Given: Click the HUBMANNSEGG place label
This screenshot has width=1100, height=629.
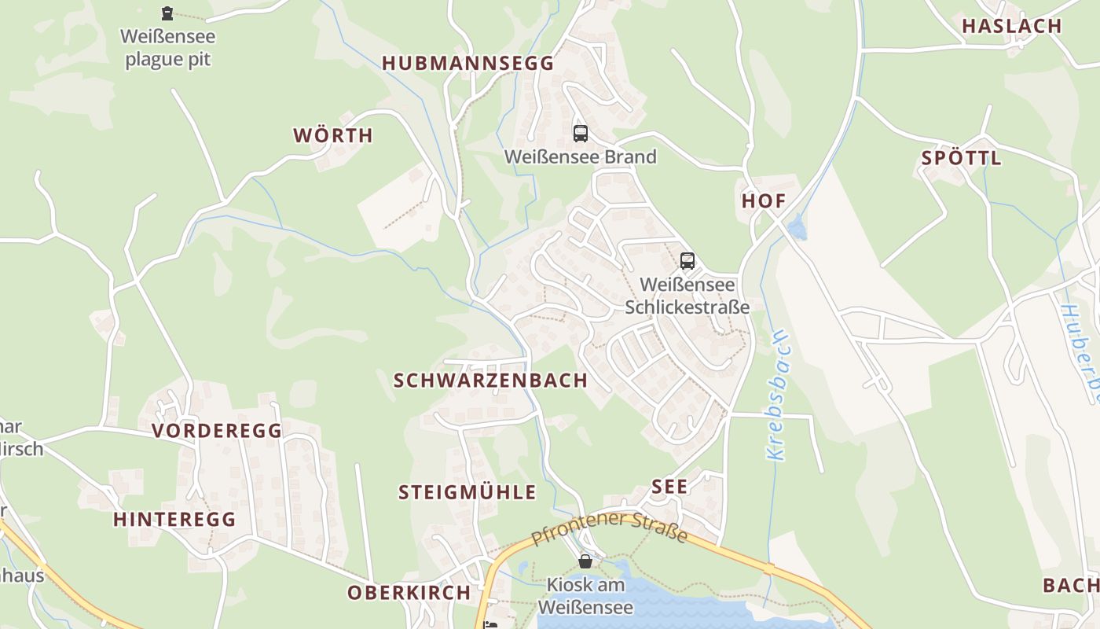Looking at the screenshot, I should tap(468, 64).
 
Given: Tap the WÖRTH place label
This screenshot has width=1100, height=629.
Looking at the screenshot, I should tap(333, 135).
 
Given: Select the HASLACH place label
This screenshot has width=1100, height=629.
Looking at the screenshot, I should tap(1012, 26).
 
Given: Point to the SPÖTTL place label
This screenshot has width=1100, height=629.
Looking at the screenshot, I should tap(962, 158).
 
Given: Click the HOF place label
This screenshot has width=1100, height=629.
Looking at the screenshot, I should tap(764, 200).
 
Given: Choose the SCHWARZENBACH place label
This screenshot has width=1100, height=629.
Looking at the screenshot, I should tap(490, 381).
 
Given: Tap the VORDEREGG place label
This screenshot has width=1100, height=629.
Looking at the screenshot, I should tap(217, 431).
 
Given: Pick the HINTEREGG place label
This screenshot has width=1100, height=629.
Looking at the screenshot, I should tap(174, 520).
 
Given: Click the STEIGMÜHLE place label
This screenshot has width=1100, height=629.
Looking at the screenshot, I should tap(467, 493).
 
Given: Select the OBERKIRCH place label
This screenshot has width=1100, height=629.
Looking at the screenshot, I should tap(409, 593).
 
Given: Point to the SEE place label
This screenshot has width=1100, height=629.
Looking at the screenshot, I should tap(669, 487).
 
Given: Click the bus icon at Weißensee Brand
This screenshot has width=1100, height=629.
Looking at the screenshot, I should tap(581, 134).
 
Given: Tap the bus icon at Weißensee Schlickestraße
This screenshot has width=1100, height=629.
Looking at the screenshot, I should tap(687, 261).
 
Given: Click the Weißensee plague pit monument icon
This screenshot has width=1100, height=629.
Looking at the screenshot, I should tap(167, 13).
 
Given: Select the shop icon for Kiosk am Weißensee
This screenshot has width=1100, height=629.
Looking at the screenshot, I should tap(585, 561).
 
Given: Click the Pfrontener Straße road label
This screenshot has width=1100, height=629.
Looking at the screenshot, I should tap(610, 528).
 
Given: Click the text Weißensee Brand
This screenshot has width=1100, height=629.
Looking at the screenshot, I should tap(580, 157).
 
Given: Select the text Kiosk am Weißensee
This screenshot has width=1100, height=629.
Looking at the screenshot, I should tap(585, 596).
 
